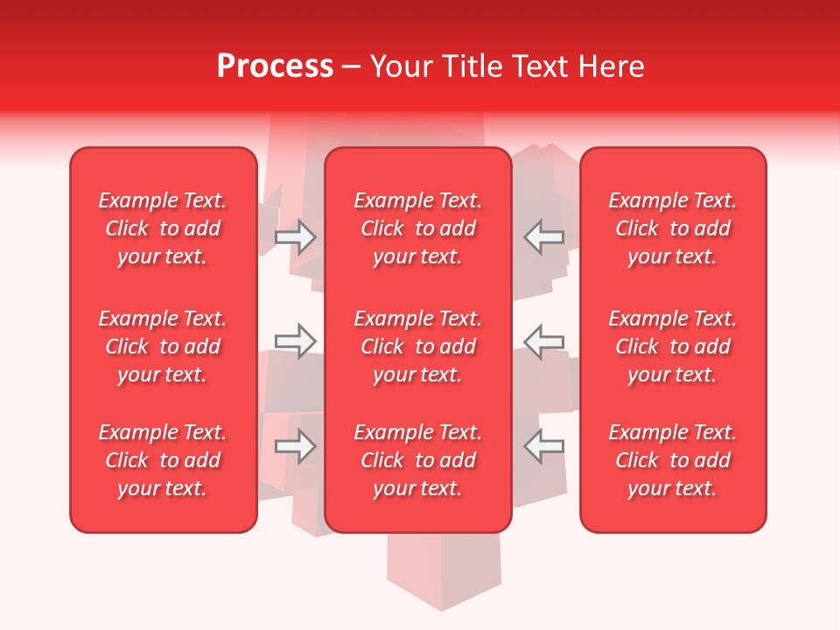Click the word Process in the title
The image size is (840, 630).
tap(275, 66)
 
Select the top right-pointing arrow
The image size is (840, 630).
tap(296, 237)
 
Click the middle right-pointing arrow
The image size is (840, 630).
tap(296, 340)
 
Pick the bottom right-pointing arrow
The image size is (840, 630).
tap(296, 445)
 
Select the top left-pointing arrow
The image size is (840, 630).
tap(543, 237)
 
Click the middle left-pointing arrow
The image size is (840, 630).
tap(543, 340)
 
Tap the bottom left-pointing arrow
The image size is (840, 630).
tap(543, 445)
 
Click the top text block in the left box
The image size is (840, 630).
tap(163, 228)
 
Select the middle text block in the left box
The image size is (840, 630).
tap(163, 346)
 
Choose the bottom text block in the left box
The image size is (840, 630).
tap(163, 460)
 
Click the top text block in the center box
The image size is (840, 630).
tap(417, 228)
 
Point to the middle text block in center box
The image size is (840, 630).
tap(417, 346)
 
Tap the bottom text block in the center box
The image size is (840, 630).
tap(417, 460)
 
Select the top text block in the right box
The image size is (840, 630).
tap(672, 228)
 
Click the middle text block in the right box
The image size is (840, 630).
tap(672, 346)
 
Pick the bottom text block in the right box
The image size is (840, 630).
tap(672, 460)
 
